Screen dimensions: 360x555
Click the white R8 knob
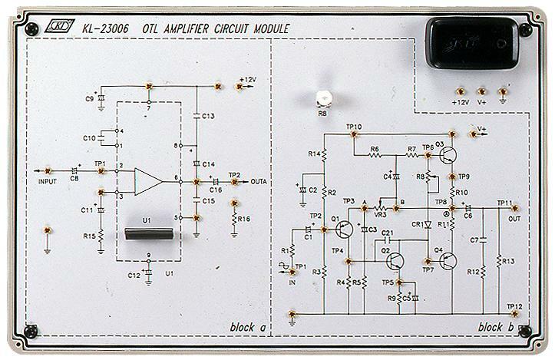click(324, 97)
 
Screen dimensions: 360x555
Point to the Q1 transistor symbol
click(344, 229)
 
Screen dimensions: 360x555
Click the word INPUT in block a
click(48, 182)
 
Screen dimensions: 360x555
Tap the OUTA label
click(258, 182)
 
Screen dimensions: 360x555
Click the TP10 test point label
click(354, 126)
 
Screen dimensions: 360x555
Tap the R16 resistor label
click(245, 220)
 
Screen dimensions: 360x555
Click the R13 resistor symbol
click(500, 260)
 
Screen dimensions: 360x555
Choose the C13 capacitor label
click(209, 115)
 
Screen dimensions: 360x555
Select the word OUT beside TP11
click(514, 218)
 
